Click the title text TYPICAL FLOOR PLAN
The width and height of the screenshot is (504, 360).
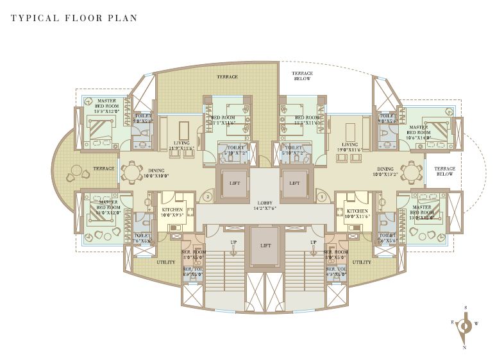click(74, 18)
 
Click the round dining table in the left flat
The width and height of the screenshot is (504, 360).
click(131, 171)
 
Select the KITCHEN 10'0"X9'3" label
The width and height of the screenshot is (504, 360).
click(172, 213)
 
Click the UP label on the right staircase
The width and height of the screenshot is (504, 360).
click(313, 242)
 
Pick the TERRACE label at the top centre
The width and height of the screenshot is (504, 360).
click(227, 77)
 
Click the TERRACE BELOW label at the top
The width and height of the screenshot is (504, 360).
click(302, 76)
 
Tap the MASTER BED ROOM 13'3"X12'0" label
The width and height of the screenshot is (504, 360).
click(106, 105)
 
